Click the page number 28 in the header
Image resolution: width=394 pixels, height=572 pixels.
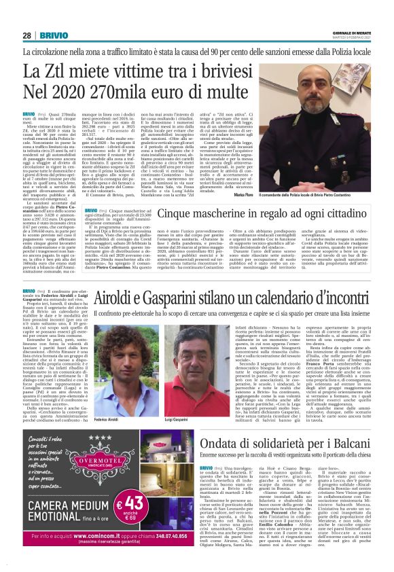(27, 35)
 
